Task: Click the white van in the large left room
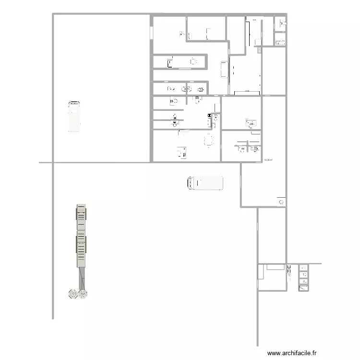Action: [x=74, y=116]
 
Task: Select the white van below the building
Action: [x=205, y=183]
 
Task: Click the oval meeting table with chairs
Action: [x=209, y=141]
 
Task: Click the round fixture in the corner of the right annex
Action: [x=280, y=203]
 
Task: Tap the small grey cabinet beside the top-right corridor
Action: [x=259, y=49]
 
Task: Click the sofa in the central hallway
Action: [x=224, y=69]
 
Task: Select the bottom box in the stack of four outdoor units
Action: [x=303, y=288]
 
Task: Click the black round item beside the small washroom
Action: [x=209, y=115]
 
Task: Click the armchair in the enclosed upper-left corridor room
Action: [x=193, y=61]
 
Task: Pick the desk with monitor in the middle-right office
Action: [x=251, y=123]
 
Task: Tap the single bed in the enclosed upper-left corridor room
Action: [x=170, y=62]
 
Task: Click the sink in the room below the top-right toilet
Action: [x=278, y=43]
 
